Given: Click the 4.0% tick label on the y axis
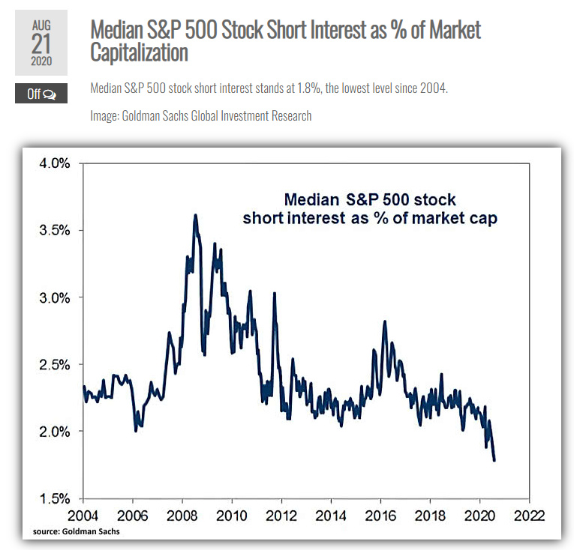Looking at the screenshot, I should coord(54,163).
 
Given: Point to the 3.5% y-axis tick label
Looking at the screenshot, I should coord(54,230).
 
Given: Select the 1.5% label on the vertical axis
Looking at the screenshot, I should coord(54,498).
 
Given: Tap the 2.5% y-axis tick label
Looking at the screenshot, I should coord(54,365).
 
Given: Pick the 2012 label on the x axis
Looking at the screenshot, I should coord(281,516).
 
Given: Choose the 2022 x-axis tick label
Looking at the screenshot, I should coord(529,516).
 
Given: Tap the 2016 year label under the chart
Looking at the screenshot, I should coord(380,516).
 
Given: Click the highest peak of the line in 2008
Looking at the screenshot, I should coord(196,216).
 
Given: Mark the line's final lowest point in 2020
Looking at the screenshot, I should coord(494,460).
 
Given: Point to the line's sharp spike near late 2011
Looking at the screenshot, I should coord(274,294).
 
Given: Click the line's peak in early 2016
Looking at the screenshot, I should coord(385,322).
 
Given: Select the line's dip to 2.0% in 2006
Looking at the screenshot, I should coord(135,430).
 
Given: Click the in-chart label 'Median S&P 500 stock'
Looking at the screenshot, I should coord(370,200).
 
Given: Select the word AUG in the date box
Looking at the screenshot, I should coord(41,25).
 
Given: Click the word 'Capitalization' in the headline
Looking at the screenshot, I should coord(139,53).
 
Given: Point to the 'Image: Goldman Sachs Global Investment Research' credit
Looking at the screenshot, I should coord(200,115).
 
